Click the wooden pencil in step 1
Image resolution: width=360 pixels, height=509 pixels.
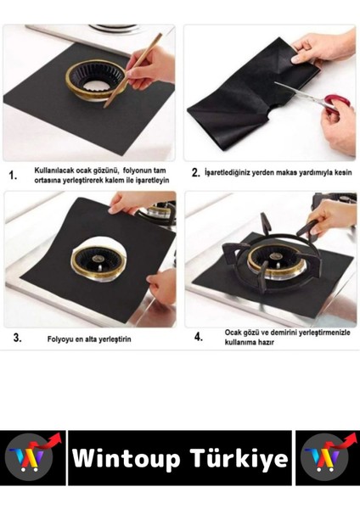pos(132,70)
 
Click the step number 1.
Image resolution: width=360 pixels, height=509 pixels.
pos(13,176)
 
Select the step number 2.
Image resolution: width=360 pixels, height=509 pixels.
pos(195,173)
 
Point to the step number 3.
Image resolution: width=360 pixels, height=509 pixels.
pos(18,338)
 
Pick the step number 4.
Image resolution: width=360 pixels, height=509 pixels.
pos(199,337)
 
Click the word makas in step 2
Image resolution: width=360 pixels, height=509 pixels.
pos(288,172)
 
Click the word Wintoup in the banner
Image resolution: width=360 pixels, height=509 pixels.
pos(127,458)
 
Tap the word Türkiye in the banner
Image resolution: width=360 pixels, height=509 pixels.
pos(239,458)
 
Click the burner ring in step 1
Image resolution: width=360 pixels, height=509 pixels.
pos(95,81)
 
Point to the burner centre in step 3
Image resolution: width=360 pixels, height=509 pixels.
pos(97,260)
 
